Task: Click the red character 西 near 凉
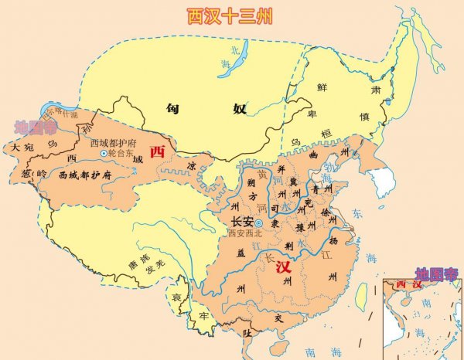pos(159,151)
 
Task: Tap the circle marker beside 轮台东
pos(104,154)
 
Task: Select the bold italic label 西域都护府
pos(86,175)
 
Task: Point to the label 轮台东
pos(123,154)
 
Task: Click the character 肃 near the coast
pos(377,90)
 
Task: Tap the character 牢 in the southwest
pos(203,316)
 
